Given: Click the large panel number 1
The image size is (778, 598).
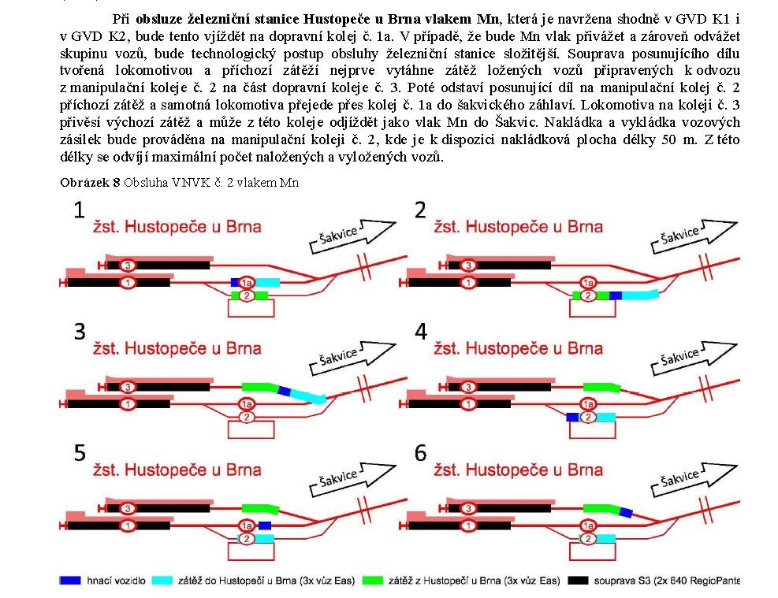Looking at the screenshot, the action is [79, 210].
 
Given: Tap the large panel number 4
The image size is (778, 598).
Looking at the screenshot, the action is [421, 331].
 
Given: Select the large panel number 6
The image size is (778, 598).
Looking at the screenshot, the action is [421, 453].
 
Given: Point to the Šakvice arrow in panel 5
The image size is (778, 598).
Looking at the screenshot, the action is [353, 478].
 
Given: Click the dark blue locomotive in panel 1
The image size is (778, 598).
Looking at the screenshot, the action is [235, 283].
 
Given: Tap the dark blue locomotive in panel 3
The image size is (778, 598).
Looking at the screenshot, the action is [284, 392].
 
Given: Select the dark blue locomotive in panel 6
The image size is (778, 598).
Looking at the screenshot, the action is [626, 512].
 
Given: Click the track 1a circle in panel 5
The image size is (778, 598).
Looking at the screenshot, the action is [247, 526].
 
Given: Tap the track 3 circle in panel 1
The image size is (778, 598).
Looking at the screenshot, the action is [128, 266].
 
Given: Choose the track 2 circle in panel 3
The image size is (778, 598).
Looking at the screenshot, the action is [247, 417].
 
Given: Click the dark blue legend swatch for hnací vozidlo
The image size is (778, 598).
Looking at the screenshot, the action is [70, 580].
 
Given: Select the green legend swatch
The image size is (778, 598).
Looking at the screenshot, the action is [373, 580].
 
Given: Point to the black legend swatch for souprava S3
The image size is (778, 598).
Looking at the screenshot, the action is [578, 580].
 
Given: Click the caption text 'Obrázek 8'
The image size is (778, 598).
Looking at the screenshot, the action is [90, 183].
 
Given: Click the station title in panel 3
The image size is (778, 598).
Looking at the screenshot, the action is [177, 348].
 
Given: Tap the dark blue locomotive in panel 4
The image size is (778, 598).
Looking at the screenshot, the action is [572, 417].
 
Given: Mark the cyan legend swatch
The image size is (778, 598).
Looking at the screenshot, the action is [162, 580].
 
